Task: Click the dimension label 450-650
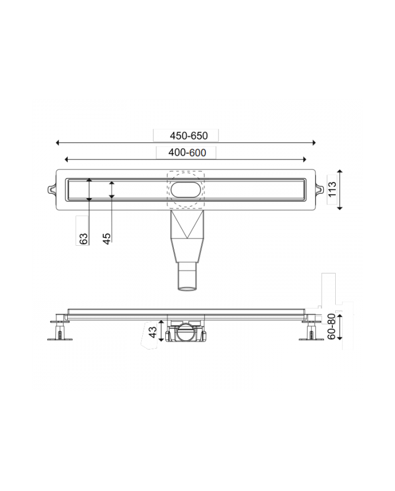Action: pyautogui.click(x=188, y=136)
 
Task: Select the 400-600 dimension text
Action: pyautogui.click(x=187, y=153)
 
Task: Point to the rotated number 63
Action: pyautogui.click(x=84, y=239)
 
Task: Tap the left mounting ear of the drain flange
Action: pyautogui.click(x=52, y=190)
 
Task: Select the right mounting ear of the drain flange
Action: pyautogui.click(x=323, y=190)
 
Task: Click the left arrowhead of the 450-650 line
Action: pyautogui.click(x=58, y=143)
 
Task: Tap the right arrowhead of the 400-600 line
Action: pyautogui.click(x=304, y=160)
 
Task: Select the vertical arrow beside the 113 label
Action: pyautogui.click(x=340, y=189)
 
